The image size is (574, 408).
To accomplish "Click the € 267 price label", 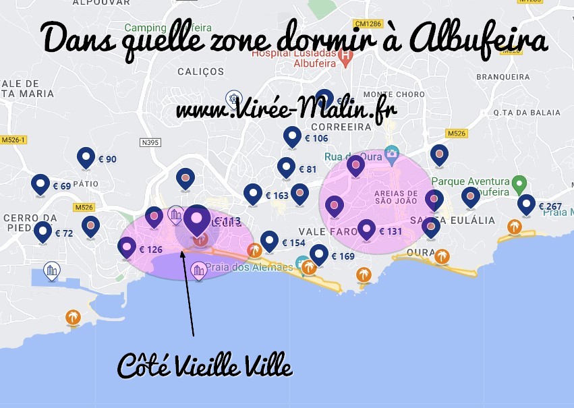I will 550,206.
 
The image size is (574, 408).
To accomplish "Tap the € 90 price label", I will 107,160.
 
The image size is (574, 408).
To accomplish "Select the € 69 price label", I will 61,186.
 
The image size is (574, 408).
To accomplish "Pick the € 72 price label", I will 63,233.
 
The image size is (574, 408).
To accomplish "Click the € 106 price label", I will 316,138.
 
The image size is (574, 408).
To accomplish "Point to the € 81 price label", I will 307,169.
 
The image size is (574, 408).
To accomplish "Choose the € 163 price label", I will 277,196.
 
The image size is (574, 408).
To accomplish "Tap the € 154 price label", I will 293,243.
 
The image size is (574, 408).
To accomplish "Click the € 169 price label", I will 343,256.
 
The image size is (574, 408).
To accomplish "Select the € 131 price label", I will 391,231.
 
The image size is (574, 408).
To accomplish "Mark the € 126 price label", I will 151,250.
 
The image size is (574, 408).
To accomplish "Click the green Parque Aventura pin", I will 518,183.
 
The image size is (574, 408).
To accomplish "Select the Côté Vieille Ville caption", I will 205,366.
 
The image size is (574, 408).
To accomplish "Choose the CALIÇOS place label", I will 200,71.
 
